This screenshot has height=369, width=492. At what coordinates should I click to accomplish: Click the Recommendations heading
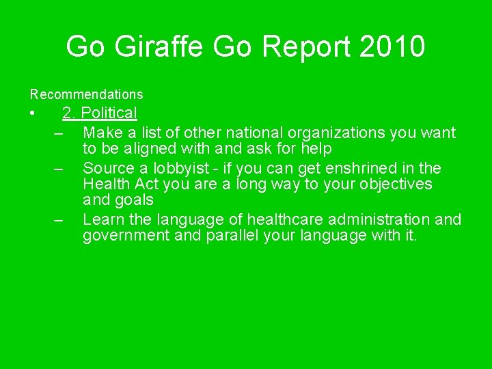pos(86,94)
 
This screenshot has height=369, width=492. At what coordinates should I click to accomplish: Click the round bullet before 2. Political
pos(32,113)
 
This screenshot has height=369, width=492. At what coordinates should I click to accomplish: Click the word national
pos(245,133)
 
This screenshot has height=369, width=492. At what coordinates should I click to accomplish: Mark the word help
pos(316,149)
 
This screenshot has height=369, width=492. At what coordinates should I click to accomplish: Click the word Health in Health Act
pos(105,184)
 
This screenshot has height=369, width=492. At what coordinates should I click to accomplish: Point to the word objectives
pos(398,184)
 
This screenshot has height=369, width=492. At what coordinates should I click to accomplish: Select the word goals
pos(135,201)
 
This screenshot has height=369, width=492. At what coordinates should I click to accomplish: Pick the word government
pos(124,236)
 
